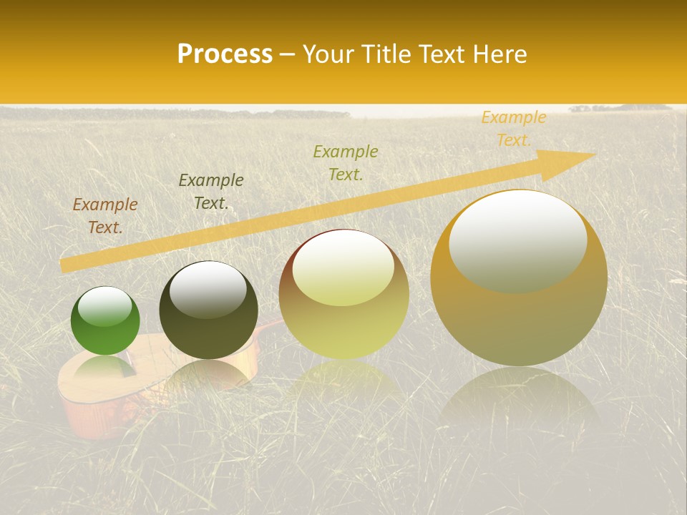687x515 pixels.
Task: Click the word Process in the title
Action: click(x=225, y=54)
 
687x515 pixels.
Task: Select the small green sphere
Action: click(x=105, y=320)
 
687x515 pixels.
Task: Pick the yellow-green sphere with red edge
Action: click(x=343, y=293)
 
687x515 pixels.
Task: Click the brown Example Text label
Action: click(x=105, y=216)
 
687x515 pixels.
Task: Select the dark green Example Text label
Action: click(x=211, y=192)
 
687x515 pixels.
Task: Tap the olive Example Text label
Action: click(x=346, y=162)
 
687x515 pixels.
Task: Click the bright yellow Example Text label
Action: click(x=514, y=129)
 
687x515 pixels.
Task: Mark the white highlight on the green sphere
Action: click(x=104, y=306)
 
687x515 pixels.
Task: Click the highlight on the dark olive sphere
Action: click(x=208, y=288)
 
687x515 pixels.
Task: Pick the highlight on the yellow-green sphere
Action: click(x=343, y=266)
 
